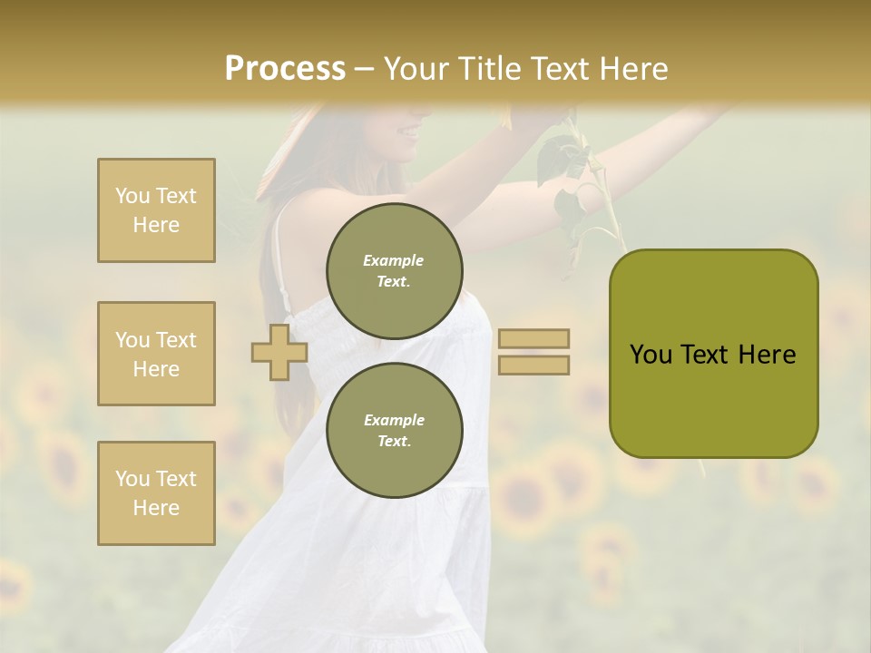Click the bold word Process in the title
click(x=285, y=69)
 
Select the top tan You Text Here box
click(x=156, y=210)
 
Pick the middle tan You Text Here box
click(x=156, y=354)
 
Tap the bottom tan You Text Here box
click(x=156, y=493)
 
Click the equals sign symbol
click(x=533, y=352)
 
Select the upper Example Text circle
click(x=395, y=271)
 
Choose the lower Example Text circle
click(x=395, y=430)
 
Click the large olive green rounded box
click(x=713, y=354)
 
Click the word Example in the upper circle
click(x=394, y=261)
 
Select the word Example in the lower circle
click(x=394, y=420)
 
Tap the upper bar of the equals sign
click(x=533, y=339)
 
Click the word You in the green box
click(x=651, y=355)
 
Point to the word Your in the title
click(x=416, y=69)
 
